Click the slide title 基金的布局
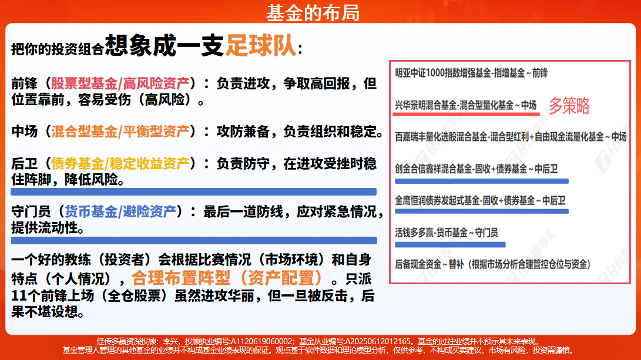tap(313, 13)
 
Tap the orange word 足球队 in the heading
tap(261, 45)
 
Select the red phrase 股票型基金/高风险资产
tap(120, 83)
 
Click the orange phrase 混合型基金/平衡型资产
tap(120, 131)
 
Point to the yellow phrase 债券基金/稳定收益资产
tap(120, 163)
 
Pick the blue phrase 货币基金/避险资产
tap(120, 211)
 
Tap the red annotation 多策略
tap(569, 106)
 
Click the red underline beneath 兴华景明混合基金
tap(466, 114)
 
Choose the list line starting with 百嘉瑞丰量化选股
tap(511, 137)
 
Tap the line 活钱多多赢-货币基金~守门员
tap(447, 233)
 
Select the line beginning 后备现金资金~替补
tap(492, 264)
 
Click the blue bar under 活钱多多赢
tap(450, 245)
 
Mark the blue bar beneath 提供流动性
tap(194, 240)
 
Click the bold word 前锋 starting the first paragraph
tap(25, 83)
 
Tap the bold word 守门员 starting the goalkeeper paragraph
tap(31, 211)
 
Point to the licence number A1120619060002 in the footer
tap(261, 341)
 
